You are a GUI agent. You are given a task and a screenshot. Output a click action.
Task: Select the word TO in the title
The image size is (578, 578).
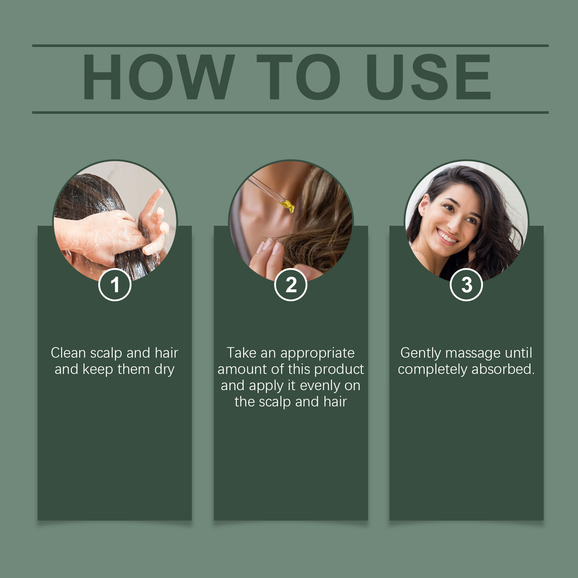point(299,77)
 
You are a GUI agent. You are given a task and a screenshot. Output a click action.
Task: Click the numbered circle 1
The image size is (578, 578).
point(115,285)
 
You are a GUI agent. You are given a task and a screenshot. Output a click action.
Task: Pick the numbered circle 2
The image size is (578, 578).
point(291,285)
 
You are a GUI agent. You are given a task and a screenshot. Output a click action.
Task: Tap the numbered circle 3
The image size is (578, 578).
point(466,285)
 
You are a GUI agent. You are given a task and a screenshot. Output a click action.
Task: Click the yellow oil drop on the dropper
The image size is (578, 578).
point(288,206)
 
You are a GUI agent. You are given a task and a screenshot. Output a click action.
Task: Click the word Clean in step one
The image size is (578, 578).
point(68,353)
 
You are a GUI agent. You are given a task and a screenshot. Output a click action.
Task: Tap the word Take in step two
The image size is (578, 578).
point(242,353)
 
